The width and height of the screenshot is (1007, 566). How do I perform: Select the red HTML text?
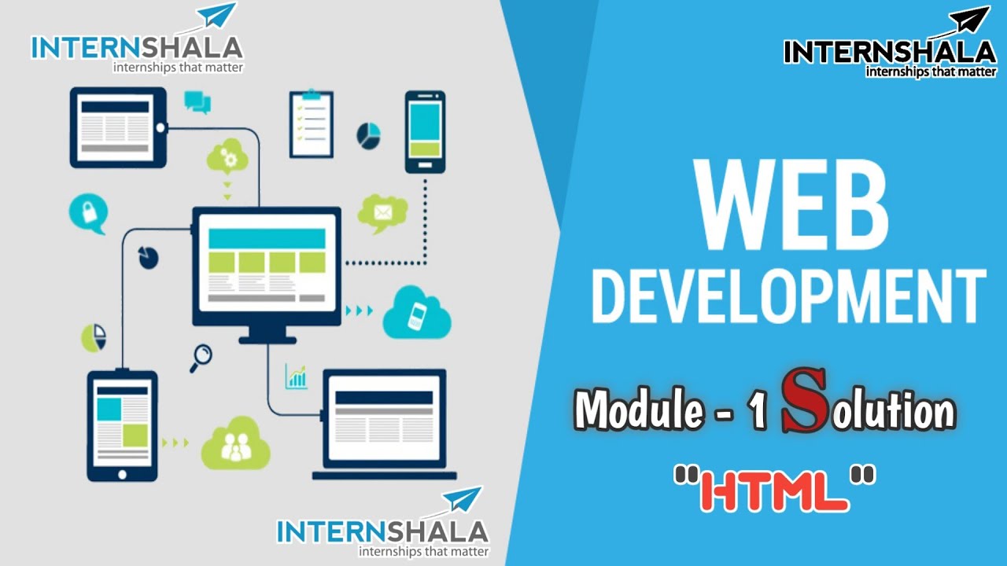point(775,489)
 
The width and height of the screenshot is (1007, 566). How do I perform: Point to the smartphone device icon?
point(425,131)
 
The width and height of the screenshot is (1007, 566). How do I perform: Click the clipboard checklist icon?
point(311,124)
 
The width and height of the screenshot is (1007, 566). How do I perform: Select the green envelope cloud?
point(382,212)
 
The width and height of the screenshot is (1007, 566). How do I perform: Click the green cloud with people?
point(234,445)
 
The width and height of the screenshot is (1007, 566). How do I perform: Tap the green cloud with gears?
point(227,157)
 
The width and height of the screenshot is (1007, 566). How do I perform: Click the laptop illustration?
point(385,425)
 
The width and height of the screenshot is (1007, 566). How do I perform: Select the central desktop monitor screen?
point(267,265)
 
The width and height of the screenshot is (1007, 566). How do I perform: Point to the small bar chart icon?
point(297,377)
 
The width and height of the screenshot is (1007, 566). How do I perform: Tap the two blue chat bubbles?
point(197,101)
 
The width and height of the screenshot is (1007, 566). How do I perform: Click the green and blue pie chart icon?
point(94,337)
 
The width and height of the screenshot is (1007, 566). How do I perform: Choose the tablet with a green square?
point(122,424)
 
